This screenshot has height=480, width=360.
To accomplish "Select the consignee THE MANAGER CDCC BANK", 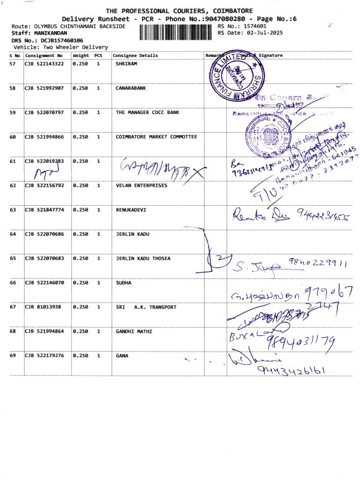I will (x=147, y=112).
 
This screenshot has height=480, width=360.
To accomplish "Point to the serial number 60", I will (x=13, y=137).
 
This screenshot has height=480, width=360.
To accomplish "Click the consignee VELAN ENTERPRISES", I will (x=142, y=185).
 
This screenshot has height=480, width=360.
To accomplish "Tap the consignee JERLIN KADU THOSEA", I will (x=143, y=258).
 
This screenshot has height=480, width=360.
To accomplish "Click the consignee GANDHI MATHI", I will (x=134, y=331).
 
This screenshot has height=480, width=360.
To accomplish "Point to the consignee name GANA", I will (x=122, y=355).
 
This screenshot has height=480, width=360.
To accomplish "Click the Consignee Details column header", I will (x=137, y=55).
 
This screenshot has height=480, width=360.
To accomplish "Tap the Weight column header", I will (x=80, y=55).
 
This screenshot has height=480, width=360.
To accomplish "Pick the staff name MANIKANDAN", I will (x=50, y=34).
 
